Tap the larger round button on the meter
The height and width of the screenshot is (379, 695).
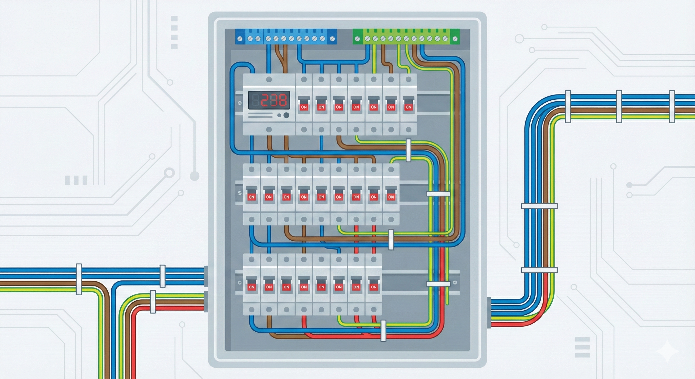286,115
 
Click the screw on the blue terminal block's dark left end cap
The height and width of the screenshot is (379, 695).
240,39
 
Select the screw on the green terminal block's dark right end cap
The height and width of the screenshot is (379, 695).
455,39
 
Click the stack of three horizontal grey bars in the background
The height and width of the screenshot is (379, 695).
582,347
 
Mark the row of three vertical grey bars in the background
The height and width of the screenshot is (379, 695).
76,180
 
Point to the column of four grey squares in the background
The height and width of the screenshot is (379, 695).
174,32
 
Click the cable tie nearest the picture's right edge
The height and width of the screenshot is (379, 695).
672,107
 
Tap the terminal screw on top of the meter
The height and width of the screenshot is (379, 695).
269,79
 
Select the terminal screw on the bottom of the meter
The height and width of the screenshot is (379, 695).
269,130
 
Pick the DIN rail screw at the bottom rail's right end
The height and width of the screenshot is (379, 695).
455,283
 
